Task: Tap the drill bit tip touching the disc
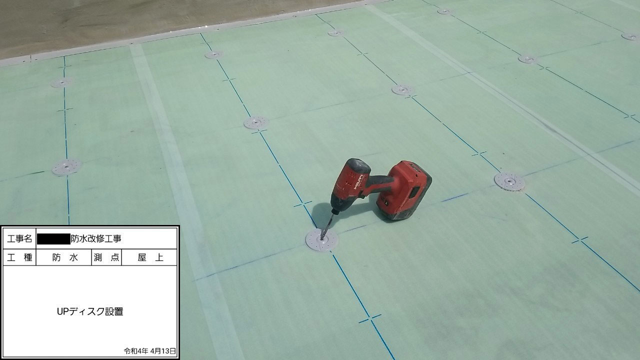[x=323, y=237]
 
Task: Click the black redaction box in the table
[x=53, y=238]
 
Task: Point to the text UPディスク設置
[x=90, y=311]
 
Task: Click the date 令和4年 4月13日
[x=150, y=351]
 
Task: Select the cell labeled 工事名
[x=20, y=238]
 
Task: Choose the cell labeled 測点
[x=106, y=257]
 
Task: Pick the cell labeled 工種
[x=20, y=257]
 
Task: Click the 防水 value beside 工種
[x=64, y=257]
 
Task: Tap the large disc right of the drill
[x=509, y=181]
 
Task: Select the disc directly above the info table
[x=66, y=166]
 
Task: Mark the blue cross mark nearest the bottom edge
[x=370, y=318]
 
